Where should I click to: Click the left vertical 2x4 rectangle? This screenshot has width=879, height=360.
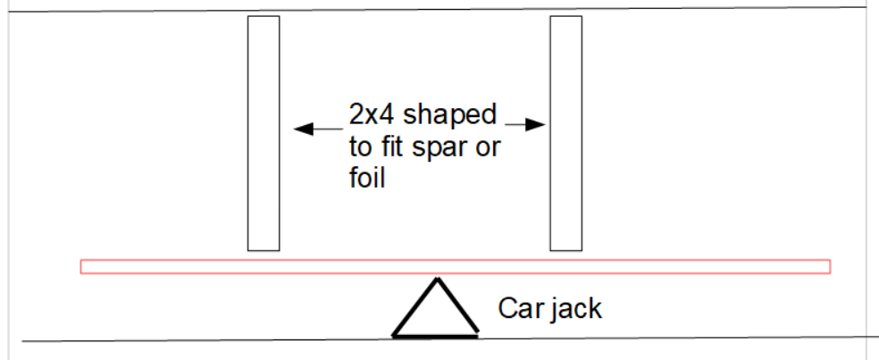coord(264,133)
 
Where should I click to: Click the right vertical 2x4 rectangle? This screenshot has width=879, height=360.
coord(565,133)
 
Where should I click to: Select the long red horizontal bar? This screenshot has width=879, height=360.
coord(455,266)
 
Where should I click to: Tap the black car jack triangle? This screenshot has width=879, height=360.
coord(435,313)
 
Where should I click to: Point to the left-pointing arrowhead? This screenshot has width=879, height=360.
coord(301,130)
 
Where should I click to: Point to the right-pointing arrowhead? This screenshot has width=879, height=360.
coord(538,125)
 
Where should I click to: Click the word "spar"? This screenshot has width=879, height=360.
coord(437,148)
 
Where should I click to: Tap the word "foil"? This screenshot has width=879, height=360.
coord(366,177)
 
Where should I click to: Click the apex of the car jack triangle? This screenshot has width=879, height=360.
coord(436,280)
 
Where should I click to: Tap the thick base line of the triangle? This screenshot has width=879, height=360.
coord(435,336)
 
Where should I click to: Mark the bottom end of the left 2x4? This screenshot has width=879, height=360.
coord(264,247)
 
